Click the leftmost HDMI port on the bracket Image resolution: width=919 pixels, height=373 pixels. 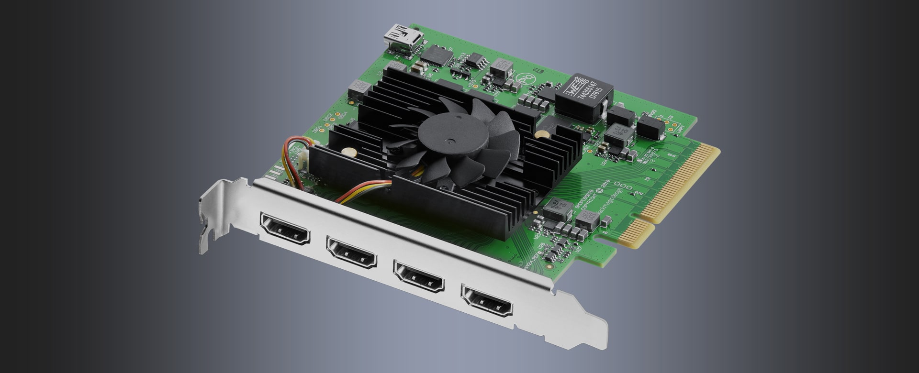(284, 229)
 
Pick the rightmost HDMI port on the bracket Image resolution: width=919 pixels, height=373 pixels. (486, 300)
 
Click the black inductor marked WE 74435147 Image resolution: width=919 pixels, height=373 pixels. (583, 96)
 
